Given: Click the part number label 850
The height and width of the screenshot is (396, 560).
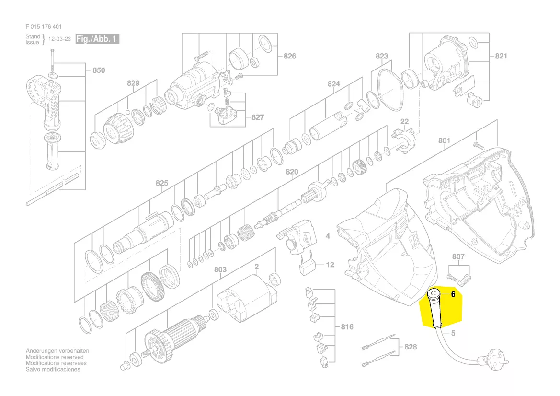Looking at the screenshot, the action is [99, 70].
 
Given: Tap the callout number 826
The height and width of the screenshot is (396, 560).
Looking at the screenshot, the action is [290, 56].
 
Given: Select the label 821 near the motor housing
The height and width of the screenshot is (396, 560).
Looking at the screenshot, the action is [501, 56].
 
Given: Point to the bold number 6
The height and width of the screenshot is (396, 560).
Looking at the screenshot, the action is [453, 294].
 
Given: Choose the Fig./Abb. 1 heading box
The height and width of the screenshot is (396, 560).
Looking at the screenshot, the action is [97, 39].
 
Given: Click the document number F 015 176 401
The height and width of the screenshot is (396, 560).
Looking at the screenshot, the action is [44, 27].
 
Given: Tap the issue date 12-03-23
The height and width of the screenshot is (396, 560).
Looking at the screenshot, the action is [60, 39].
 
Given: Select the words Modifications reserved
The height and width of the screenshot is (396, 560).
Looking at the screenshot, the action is [55, 357].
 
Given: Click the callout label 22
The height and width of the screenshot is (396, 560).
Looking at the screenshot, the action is [404, 121].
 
